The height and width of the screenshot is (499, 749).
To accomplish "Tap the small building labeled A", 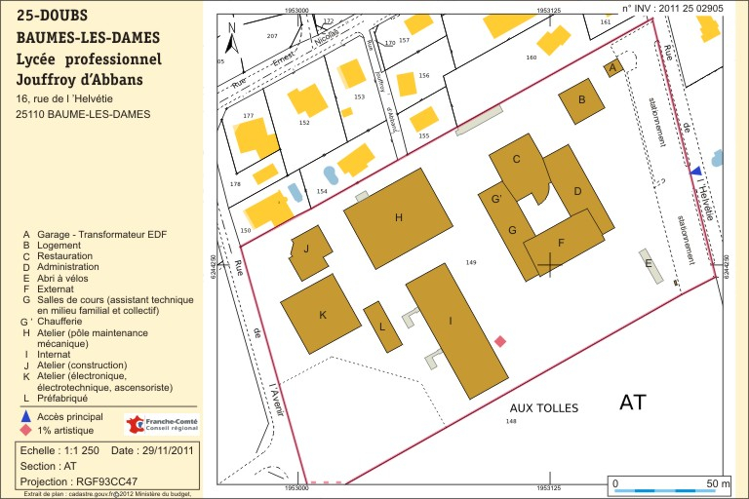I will pyautogui.click(x=612, y=67).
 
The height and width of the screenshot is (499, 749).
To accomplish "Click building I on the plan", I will pyautogui.click(x=453, y=326).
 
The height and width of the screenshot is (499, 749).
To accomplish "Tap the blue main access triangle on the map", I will pyautogui.click(x=695, y=172).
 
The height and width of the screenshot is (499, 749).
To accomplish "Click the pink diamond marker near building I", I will pyautogui.click(x=500, y=341).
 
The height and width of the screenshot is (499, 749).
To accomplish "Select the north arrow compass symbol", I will pyautogui.click(x=231, y=38).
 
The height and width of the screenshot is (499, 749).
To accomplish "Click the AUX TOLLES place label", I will pyautogui.click(x=544, y=407).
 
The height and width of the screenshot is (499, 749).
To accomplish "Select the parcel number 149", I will pyautogui.click(x=471, y=263).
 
